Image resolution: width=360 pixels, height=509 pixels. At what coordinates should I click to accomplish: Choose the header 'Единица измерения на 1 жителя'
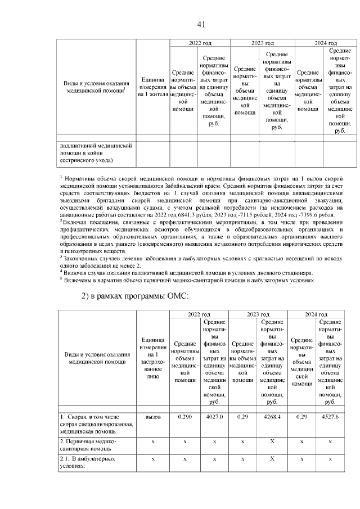tap(153, 87)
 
